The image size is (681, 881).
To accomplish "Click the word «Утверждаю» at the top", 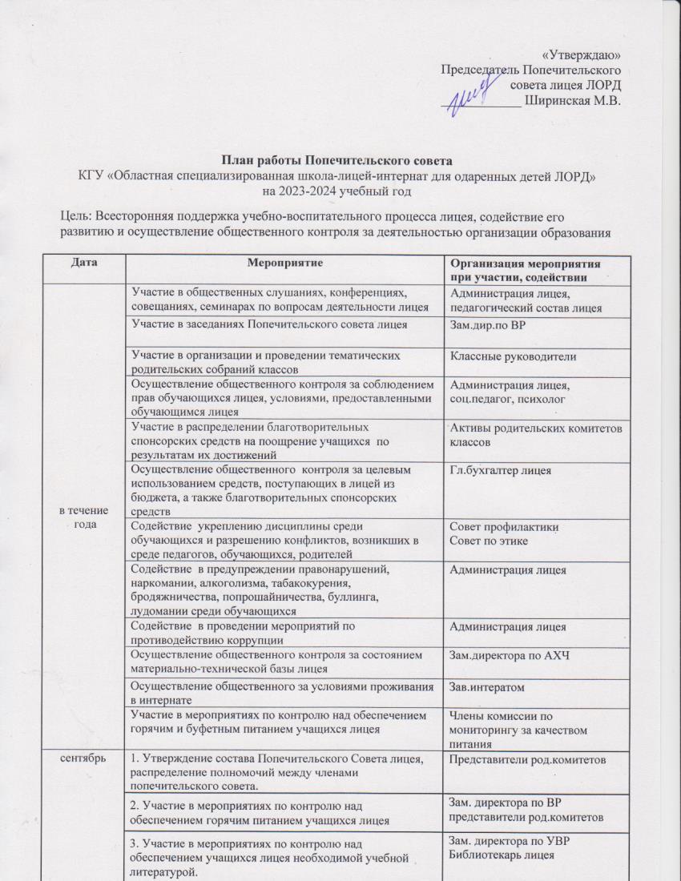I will coord(582,54).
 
